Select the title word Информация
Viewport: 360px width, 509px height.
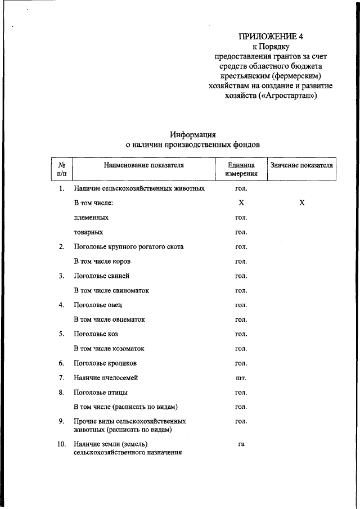pos(193,134)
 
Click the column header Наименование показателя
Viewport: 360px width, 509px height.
pos(143,165)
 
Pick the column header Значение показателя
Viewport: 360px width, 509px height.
pos(301,165)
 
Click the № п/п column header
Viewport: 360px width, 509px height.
pos(62,169)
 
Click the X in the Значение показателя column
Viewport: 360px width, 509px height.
pos(301,202)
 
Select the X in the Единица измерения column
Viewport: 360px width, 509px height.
pos(241,202)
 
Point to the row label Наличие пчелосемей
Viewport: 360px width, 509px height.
pos(106,378)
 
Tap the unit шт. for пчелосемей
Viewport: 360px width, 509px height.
pos(241,378)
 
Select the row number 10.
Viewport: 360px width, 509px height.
pos(62,444)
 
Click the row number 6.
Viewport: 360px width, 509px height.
pos(62,363)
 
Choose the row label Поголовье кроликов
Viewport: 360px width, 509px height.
pos(105,363)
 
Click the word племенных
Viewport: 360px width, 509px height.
pos(91,217)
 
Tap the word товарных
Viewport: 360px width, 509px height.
pos(88,232)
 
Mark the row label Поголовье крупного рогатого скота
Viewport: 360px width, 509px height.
pos(128,246)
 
